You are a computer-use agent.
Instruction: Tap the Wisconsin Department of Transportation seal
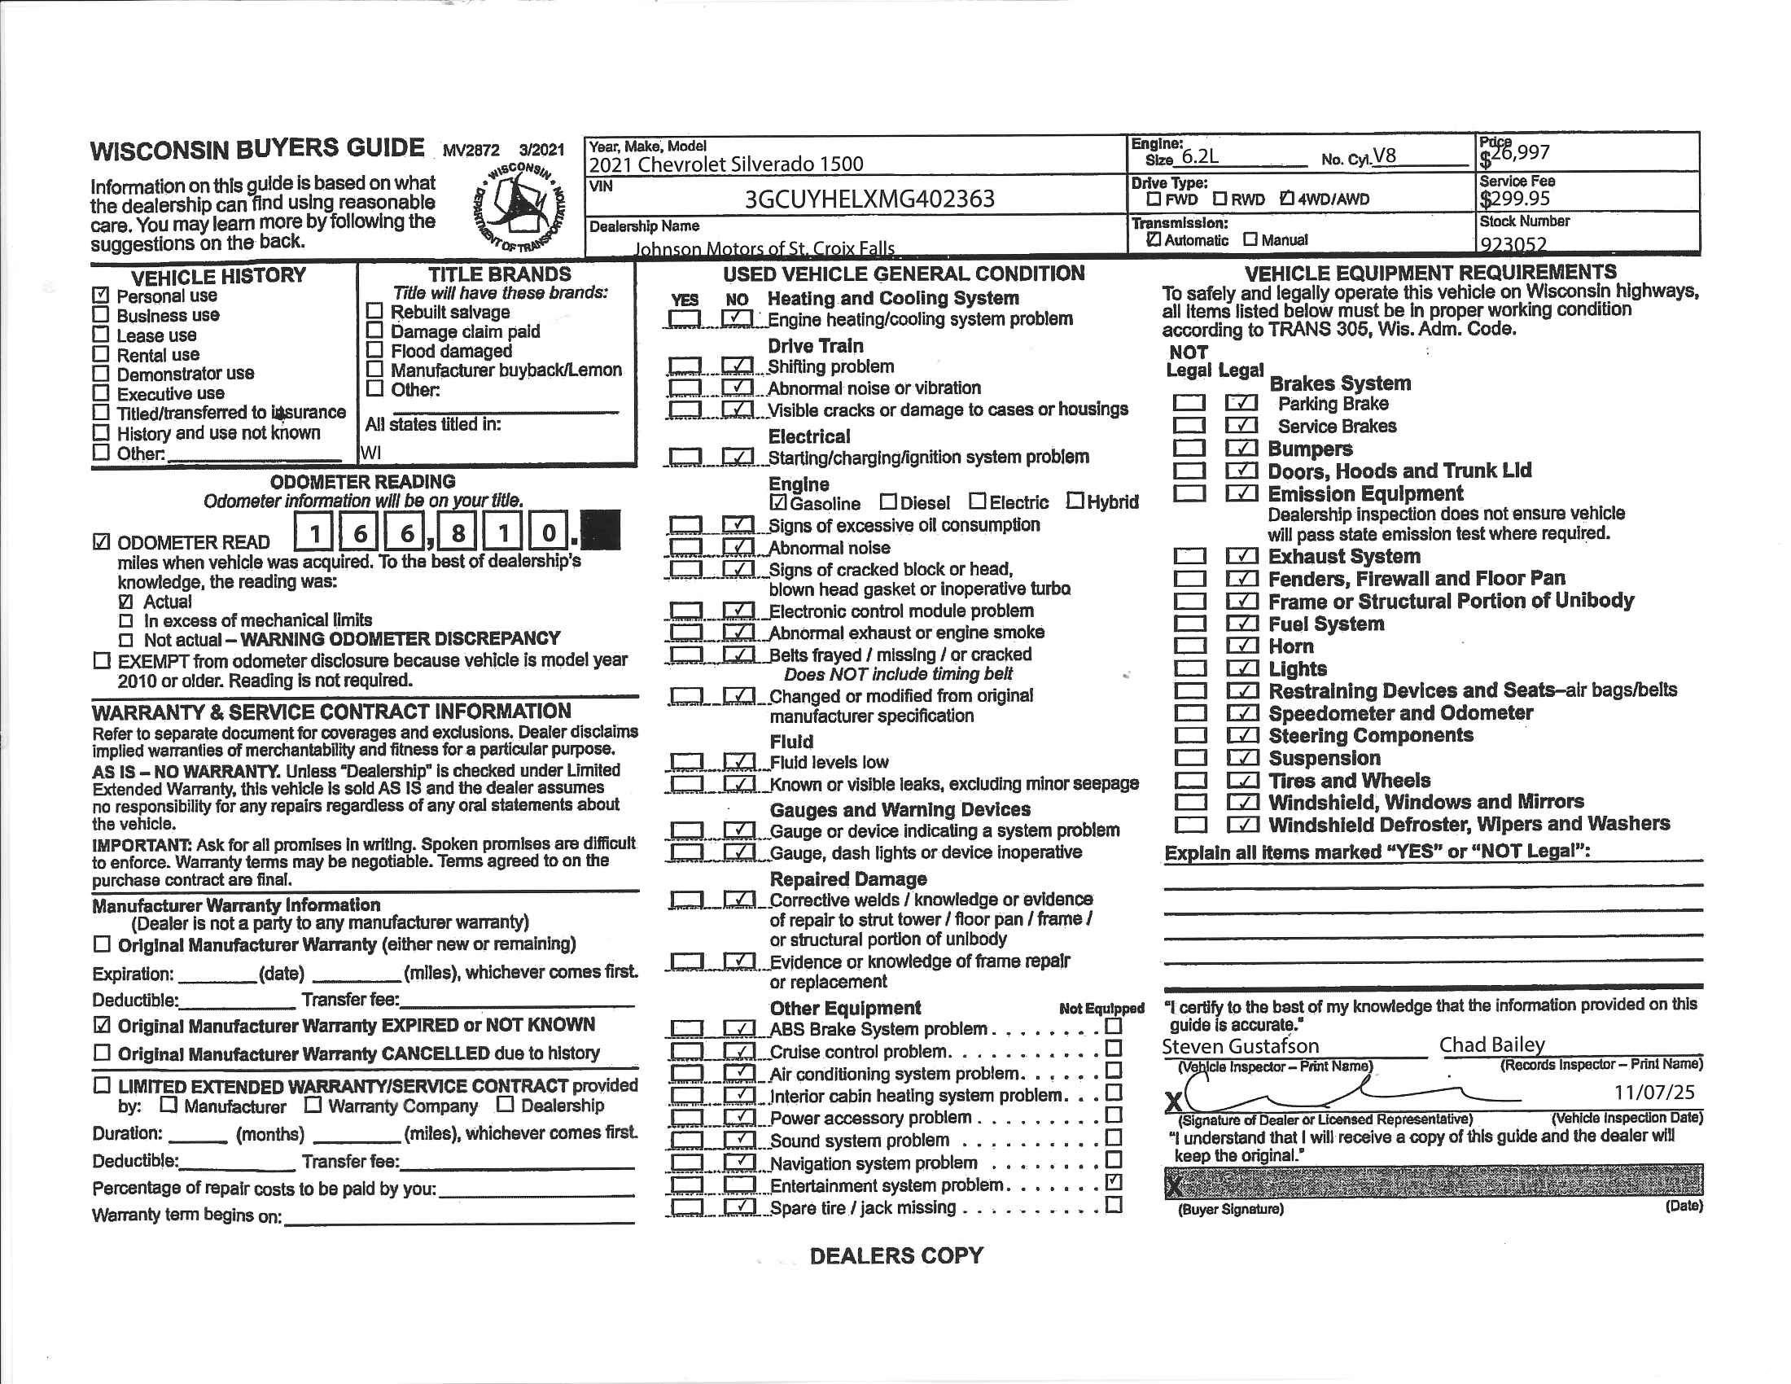pos(519,207)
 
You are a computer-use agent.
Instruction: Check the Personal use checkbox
pos(101,296)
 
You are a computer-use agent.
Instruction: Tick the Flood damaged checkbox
pos(374,350)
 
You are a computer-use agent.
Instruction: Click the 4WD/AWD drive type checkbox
pos(1286,199)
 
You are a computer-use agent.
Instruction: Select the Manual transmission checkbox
pos(1250,239)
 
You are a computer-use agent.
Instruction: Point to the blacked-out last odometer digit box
pos(599,532)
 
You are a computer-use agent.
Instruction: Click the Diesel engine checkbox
pos(888,501)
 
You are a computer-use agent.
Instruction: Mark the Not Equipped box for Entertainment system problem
pos(1113,1182)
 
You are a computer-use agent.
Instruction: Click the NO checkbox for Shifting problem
pos(738,365)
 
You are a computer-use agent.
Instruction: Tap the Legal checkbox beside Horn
pos(1242,646)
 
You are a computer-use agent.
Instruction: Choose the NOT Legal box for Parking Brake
pos(1189,402)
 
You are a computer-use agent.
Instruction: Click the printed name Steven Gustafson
pos(1240,1046)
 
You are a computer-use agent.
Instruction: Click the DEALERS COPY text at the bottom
pos(895,1255)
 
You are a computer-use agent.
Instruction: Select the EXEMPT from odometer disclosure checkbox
pos(102,660)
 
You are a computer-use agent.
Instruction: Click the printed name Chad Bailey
pos(1491,1045)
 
